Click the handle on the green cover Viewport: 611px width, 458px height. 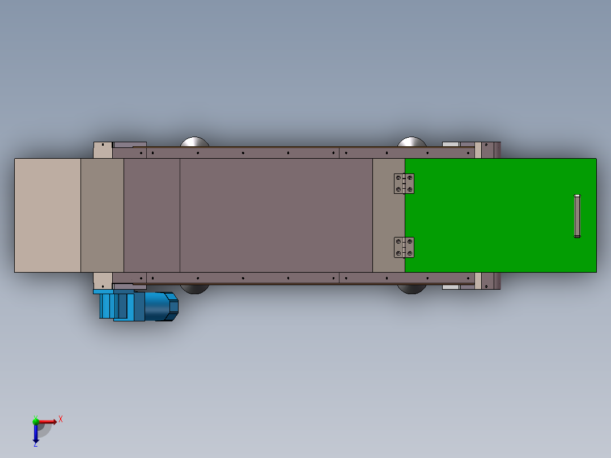(x=577, y=216)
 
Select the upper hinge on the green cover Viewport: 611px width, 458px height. (x=404, y=184)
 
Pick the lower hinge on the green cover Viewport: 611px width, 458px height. (x=404, y=248)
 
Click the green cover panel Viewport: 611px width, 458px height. (x=499, y=227)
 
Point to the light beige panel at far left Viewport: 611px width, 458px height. (x=48, y=215)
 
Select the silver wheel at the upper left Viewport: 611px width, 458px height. (x=194, y=142)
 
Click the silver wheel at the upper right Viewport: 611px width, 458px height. (x=412, y=142)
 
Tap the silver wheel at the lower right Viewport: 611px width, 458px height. (x=412, y=289)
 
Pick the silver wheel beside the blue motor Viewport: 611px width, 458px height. (x=194, y=289)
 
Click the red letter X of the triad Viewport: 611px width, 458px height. (x=61, y=419)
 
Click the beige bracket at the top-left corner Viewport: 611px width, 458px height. (x=103, y=150)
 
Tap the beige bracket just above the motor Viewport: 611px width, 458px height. (x=103, y=280)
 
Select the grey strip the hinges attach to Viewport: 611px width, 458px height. (x=388, y=215)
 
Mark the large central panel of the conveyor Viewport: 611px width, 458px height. (x=276, y=215)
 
